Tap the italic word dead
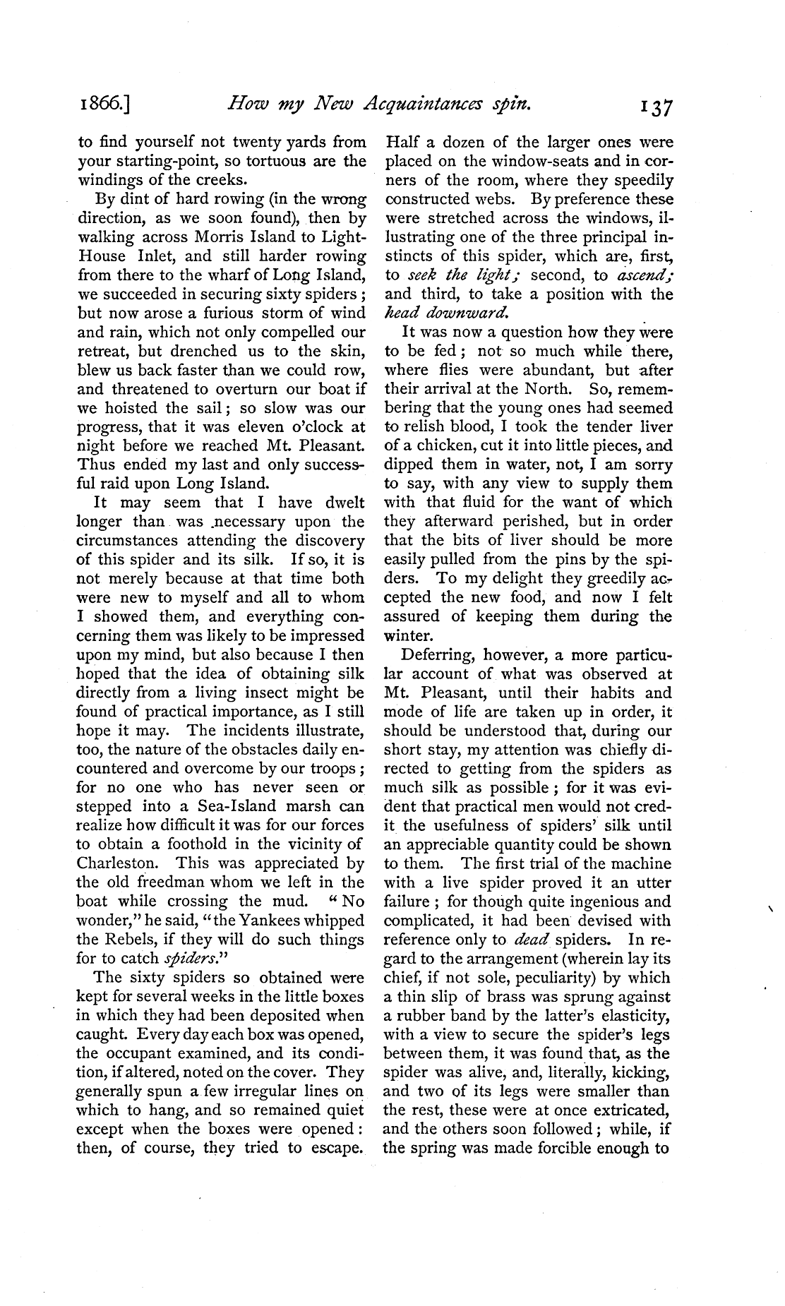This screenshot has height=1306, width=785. click(x=531, y=940)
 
